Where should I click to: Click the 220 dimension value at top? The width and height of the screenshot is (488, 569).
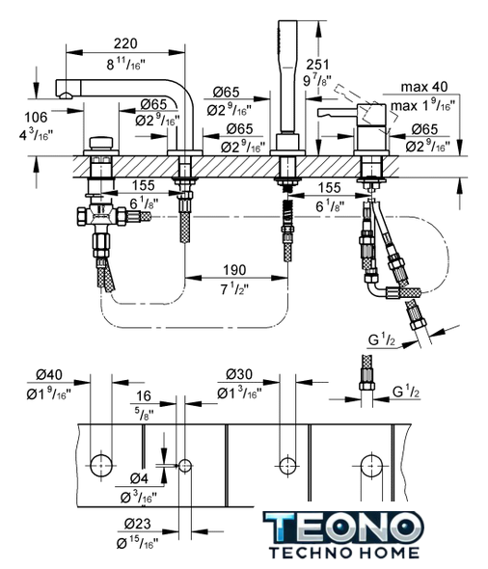pyautogui.click(x=125, y=43)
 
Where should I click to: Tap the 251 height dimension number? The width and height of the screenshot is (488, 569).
pyautogui.click(x=318, y=65)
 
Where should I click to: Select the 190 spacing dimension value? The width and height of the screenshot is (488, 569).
pyautogui.click(x=234, y=270)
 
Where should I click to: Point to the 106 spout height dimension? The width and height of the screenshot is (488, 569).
pyautogui.click(x=36, y=118)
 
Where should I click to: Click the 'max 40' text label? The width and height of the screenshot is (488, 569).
pyautogui.click(x=424, y=87)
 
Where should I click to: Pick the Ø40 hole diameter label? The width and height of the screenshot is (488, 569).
pyautogui.click(x=49, y=374)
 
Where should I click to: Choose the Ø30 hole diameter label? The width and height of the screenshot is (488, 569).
pyautogui.click(x=239, y=374)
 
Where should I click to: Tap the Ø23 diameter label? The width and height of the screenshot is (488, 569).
pyautogui.click(x=138, y=524)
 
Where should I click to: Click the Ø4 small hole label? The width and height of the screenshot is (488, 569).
pyautogui.click(x=139, y=479)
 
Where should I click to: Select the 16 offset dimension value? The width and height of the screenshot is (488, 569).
pyautogui.click(x=144, y=396)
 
